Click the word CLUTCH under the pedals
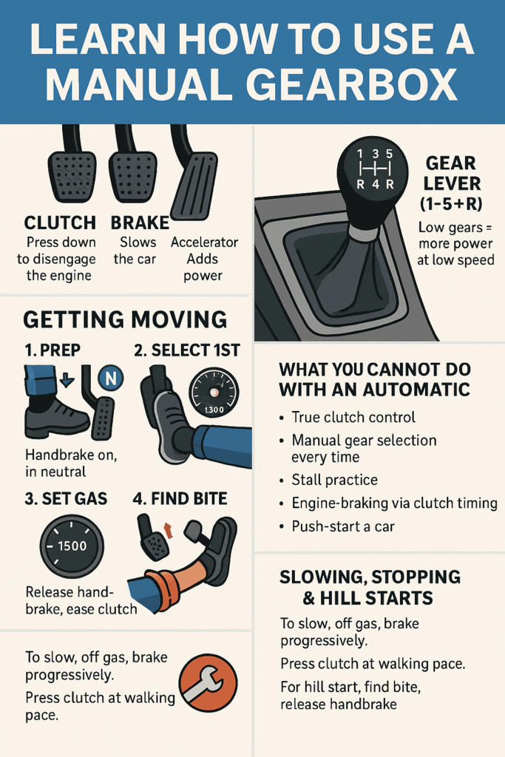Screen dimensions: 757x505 [x=60, y=223]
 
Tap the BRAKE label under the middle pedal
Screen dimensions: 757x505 [x=140, y=223]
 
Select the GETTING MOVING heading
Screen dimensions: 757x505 [x=125, y=319]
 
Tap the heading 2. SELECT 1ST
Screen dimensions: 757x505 [x=187, y=350]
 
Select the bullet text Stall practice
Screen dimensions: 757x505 [x=334, y=480]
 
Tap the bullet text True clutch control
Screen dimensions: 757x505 [x=353, y=417]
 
